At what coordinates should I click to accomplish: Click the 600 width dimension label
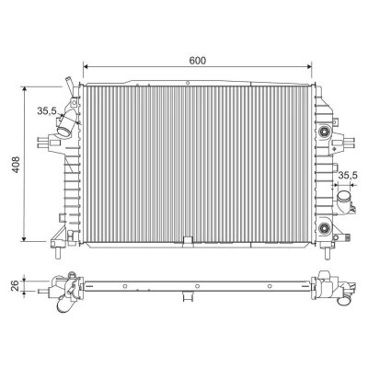[197, 61]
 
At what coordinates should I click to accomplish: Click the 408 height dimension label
[15, 165]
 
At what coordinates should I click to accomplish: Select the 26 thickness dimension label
[16, 285]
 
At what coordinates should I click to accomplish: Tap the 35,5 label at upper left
[47, 110]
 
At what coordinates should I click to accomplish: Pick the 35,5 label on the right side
[348, 175]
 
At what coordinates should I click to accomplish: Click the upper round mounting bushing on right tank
[323, 132]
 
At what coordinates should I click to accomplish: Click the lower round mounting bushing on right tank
[323, 228]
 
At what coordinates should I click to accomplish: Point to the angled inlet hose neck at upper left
[65, 125]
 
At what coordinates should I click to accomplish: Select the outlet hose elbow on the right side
[345, 201]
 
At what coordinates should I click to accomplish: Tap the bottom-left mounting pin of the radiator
[59, 252]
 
